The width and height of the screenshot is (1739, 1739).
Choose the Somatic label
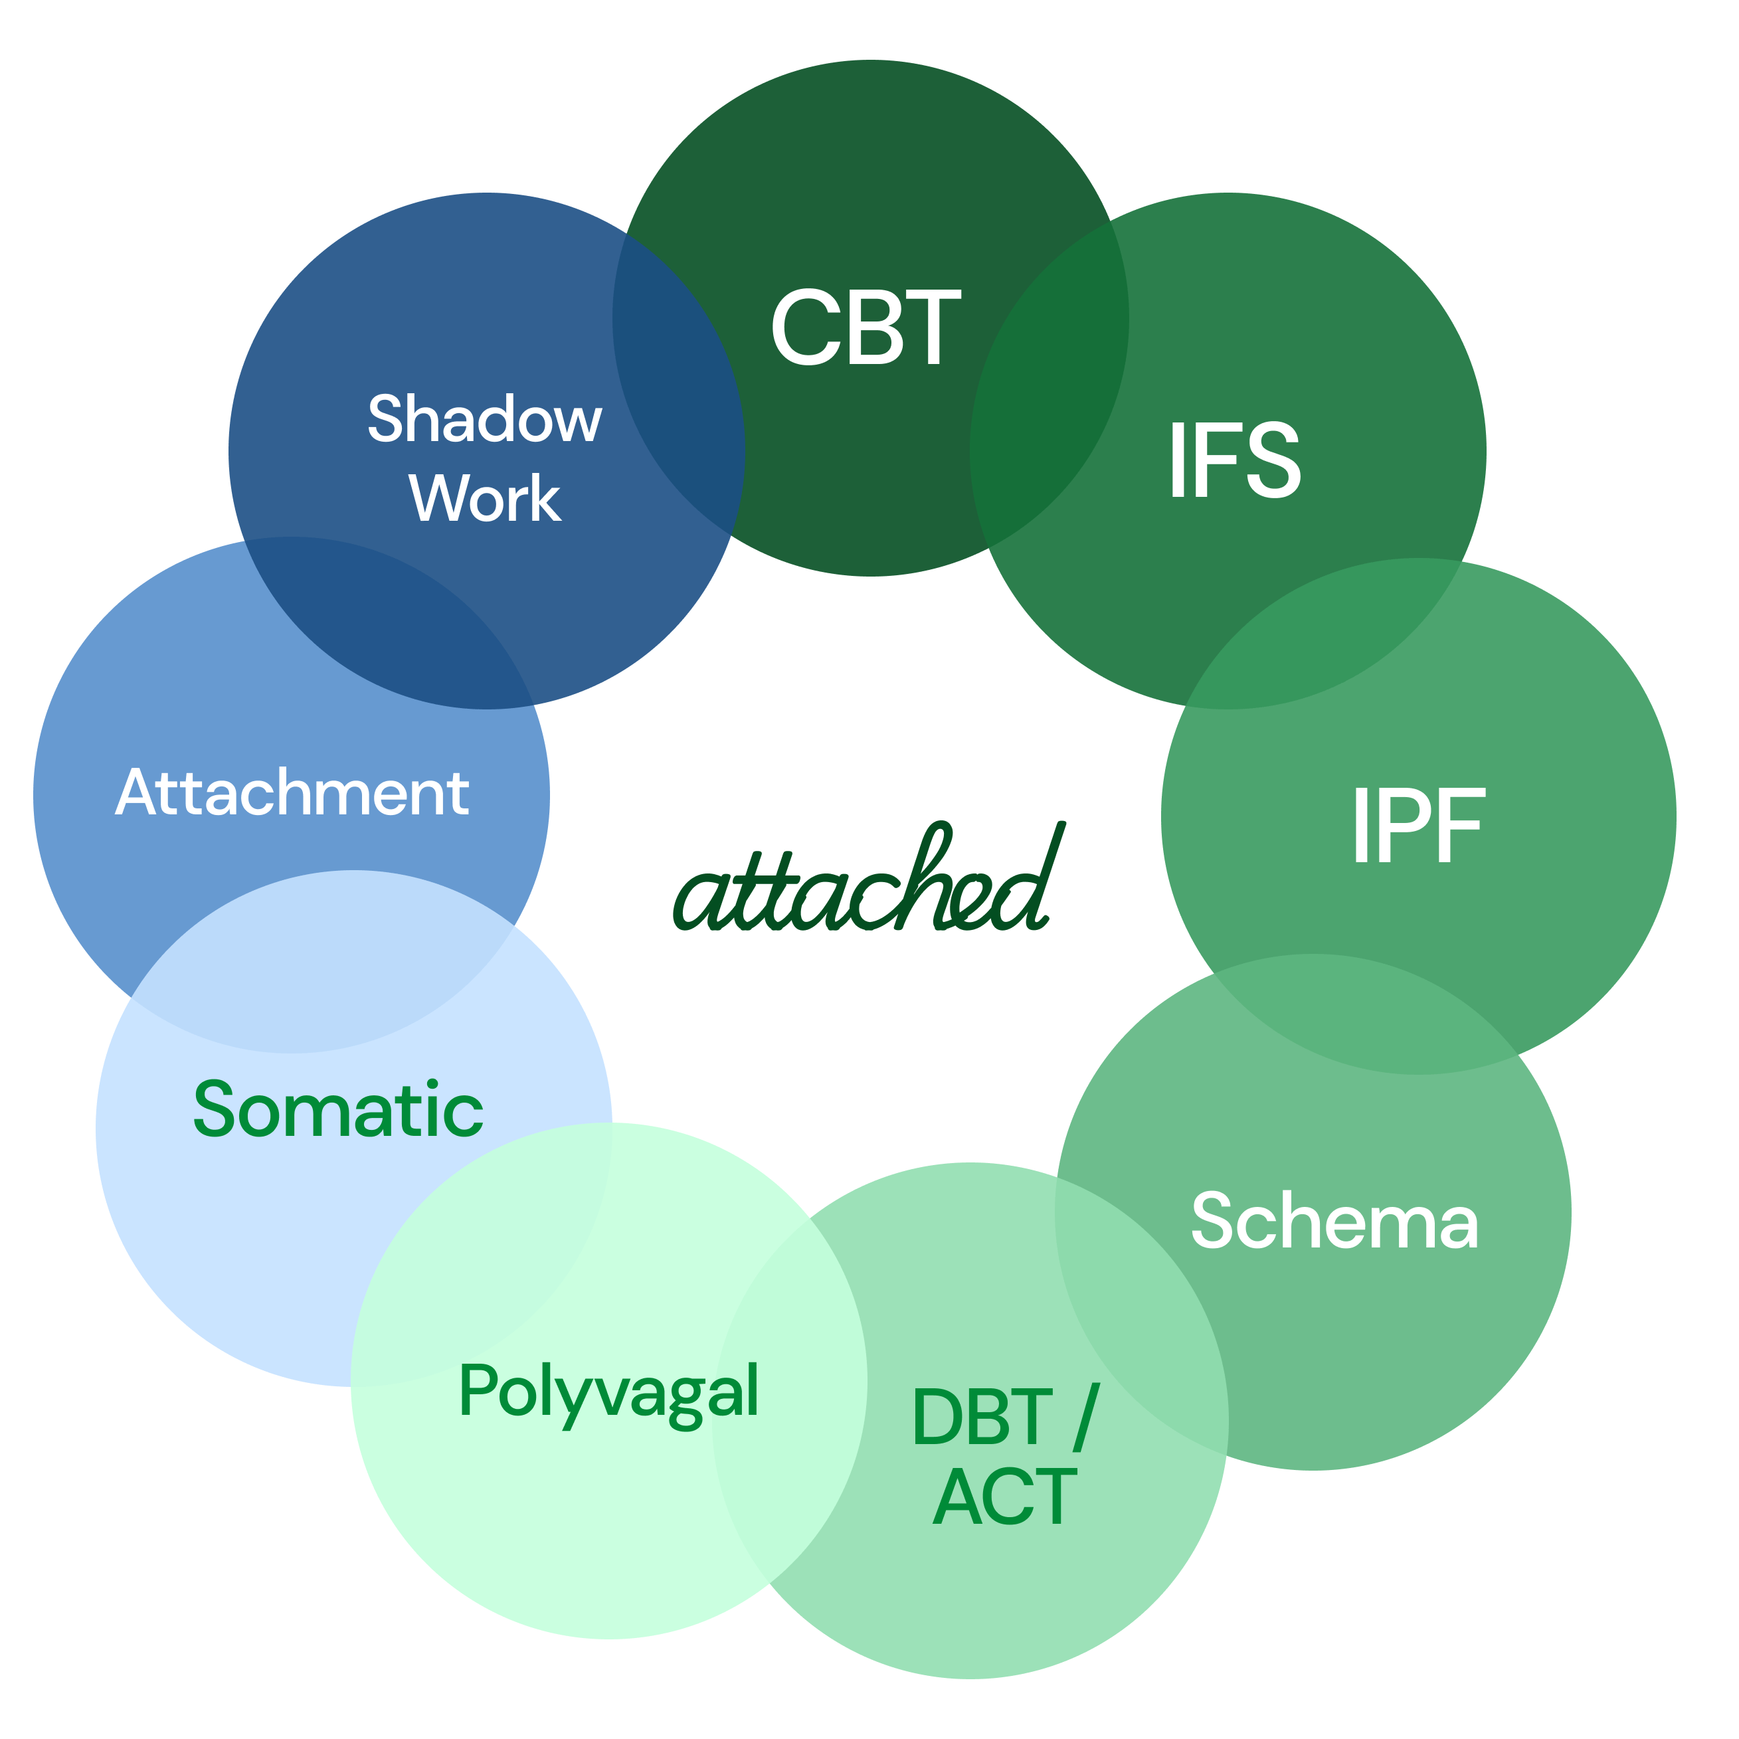tap(339, 1110)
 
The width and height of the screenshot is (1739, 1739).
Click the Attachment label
tap(292, 793)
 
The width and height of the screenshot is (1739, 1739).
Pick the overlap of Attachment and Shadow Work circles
tap(387, 621)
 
